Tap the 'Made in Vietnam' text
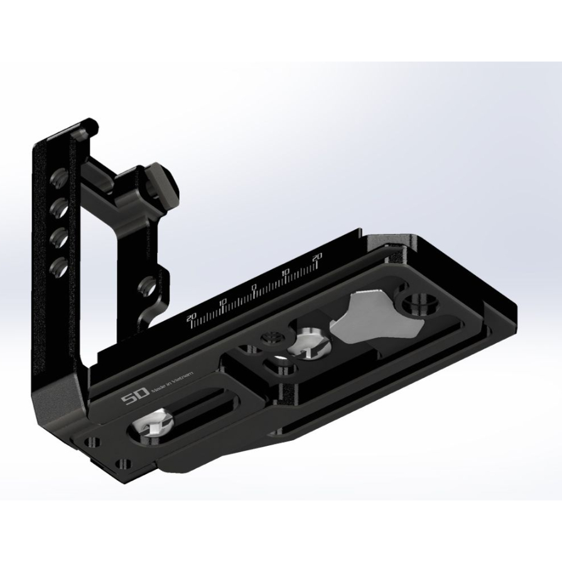176,382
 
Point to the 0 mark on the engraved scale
254,288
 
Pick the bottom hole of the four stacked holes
59,265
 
